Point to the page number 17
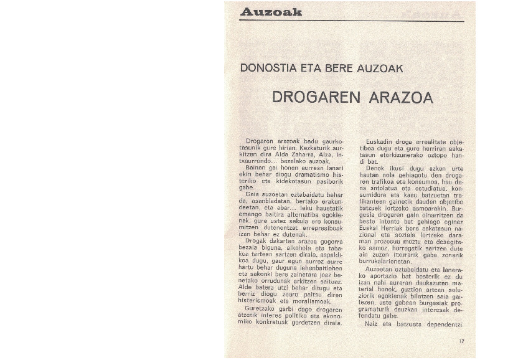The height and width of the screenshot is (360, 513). tap(461, 341)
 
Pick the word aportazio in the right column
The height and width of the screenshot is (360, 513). tap(379, 276)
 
